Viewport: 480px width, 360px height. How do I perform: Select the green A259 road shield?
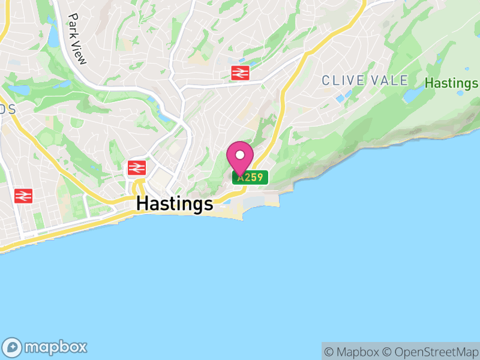[250, 178]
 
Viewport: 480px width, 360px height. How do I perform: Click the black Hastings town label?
[175, 204]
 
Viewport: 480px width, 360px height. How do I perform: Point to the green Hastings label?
[451, 83]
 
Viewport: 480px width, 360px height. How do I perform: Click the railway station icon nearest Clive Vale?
[240, 73]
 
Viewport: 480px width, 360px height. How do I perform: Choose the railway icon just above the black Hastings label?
[137, 167]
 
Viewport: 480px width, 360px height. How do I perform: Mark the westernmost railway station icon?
[23, 196]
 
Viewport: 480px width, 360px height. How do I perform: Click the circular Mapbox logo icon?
[13, 347]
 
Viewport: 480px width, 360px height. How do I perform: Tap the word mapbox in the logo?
[55, 347]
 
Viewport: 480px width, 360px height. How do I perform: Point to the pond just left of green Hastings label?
[413, 94]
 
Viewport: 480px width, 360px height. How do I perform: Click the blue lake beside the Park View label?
[53, 37]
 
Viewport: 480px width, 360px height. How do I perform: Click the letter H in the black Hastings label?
[143, 203]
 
